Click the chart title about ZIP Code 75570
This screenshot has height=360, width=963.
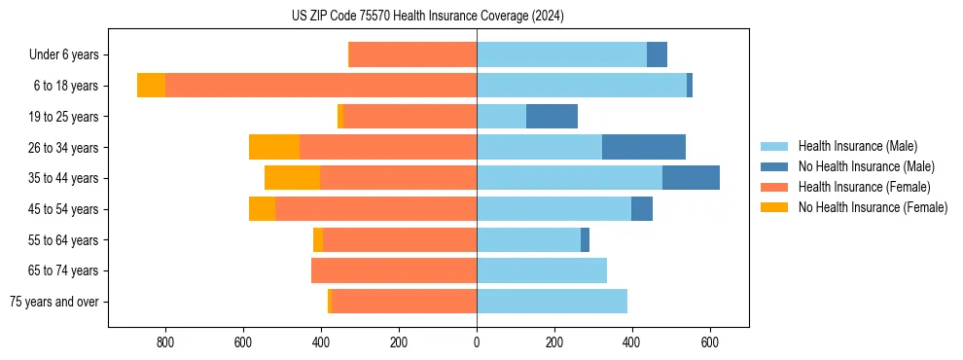point(427,16)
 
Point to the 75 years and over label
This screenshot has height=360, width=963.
point(54,302)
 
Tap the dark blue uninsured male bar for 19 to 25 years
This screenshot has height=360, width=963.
point(552,117)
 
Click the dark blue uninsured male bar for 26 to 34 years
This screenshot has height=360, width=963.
point(644,148)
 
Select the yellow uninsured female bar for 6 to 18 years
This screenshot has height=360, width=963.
point(151,86)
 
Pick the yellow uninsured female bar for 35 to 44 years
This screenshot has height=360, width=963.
point(292,178)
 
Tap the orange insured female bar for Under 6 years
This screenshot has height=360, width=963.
point(412,55)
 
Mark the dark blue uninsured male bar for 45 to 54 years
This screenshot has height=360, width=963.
point(642,209)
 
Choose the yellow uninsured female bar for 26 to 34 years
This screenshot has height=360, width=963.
point(274,148)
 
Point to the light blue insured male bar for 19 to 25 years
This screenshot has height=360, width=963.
point(501,117)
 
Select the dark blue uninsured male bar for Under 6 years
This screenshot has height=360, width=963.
point(657,55)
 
